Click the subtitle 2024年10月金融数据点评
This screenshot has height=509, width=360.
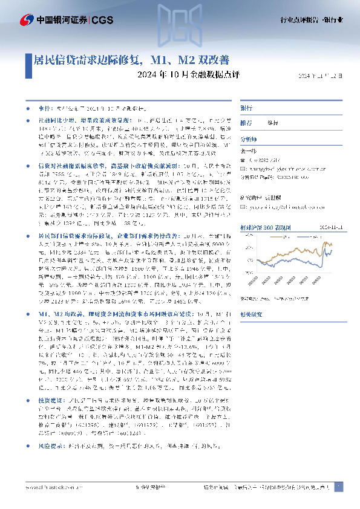click(x=172, y=76)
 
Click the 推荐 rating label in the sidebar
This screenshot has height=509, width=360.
click(x=246, y=122)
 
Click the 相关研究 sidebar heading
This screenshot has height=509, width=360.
click(x=250, y=314)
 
